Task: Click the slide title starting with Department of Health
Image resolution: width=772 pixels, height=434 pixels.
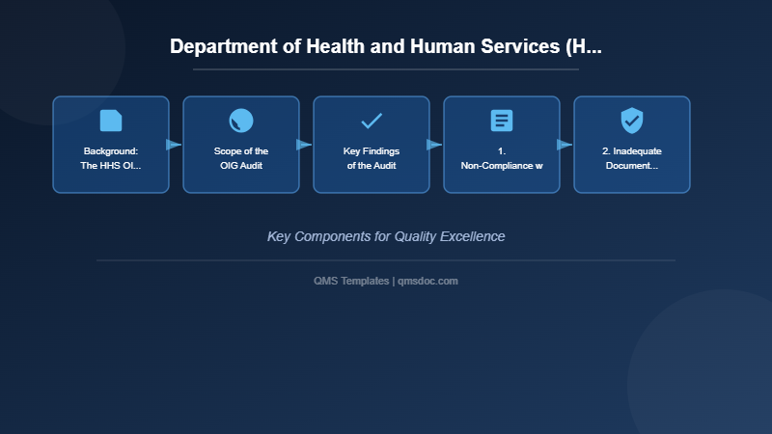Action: (386, 46)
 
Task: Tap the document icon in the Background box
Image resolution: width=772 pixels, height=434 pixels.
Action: (111, 121)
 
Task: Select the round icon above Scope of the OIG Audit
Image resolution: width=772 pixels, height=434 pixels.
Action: (241, 121)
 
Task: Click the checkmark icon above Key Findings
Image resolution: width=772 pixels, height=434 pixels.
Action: (372, 121)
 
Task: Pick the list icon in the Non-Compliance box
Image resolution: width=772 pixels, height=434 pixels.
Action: (502, 121)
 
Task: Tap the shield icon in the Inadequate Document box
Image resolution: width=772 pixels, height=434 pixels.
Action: (632, 121)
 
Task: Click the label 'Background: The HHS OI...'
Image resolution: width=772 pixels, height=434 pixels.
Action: (111, 158)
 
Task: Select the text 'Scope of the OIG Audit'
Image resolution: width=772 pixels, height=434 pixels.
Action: (241, 158)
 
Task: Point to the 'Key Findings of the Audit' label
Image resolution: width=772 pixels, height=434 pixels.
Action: (372, 158)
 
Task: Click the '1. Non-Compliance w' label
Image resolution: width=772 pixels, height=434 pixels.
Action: (502, 158)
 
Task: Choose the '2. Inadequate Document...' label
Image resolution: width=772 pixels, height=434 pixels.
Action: (632, 158)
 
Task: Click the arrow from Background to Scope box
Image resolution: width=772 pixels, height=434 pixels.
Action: (174, 145)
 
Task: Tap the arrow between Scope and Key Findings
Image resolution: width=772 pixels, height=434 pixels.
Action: (304, 145)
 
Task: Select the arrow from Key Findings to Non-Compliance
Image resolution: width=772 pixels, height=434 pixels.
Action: (434, 145)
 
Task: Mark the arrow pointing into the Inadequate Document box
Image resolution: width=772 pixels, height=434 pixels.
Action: (565, 145)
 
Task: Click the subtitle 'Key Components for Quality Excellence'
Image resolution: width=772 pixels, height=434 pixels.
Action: (386, 236)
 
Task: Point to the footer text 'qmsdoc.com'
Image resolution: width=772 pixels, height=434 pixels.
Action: (427, 281)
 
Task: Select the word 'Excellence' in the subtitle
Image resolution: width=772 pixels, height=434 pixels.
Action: (472, 236)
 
